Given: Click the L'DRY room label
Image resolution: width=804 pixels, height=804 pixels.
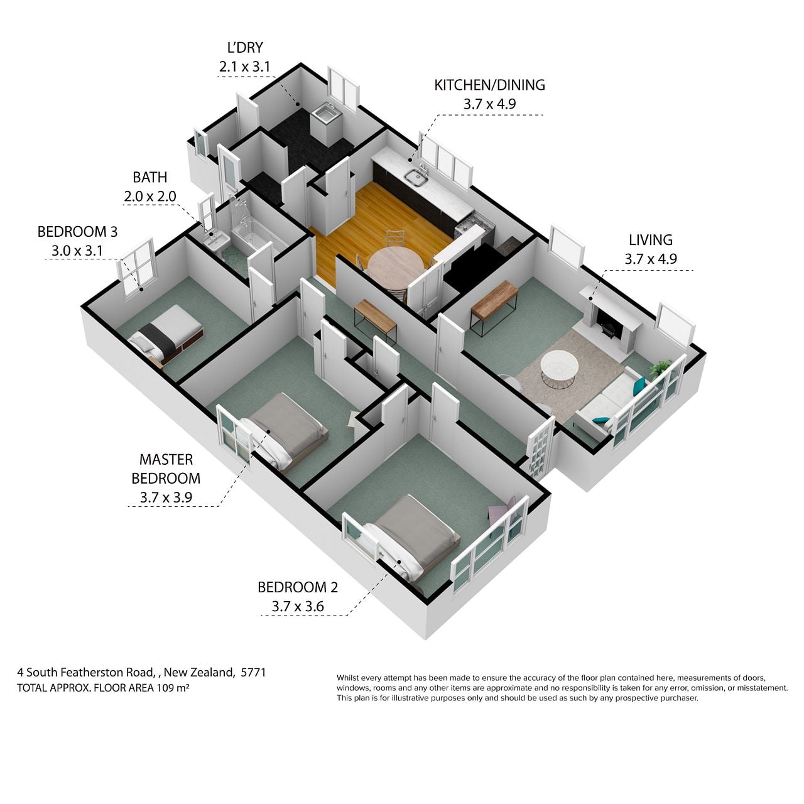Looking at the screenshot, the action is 246,48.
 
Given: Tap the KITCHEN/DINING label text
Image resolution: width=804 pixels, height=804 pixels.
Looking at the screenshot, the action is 489,85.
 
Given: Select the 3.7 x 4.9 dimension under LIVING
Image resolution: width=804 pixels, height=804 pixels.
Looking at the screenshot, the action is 651,259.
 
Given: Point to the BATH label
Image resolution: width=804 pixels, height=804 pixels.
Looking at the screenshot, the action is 149,177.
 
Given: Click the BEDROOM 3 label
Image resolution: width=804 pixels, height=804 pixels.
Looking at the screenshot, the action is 78,232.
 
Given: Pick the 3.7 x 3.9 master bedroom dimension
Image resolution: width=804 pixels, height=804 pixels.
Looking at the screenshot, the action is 166,497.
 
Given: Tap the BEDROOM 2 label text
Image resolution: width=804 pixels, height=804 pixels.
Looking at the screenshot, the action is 298,587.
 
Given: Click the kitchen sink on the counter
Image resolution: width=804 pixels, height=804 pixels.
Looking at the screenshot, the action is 416,177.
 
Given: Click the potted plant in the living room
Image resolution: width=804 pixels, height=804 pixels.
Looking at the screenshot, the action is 660,369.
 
